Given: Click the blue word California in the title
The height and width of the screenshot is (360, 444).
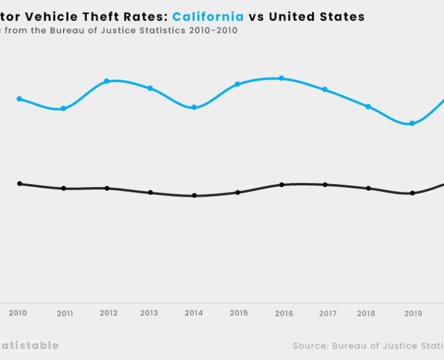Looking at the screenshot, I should tap(208, 17).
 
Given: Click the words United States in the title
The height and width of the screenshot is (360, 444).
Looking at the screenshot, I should tap(316, 17).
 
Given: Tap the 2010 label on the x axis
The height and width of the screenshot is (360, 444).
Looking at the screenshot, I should tap(18, 313).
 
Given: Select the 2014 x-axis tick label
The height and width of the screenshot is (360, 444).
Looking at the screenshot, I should tap(194, 313).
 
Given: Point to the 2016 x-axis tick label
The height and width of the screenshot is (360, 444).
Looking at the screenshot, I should tap(284, 313).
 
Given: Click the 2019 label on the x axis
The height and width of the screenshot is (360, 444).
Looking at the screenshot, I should tap(413, 313).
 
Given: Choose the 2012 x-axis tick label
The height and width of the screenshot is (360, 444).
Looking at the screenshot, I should tap(109, 313).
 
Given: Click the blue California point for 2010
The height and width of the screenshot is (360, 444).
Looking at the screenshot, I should tap(19, 99).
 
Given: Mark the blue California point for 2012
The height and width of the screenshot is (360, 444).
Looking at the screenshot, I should tap(107, 81).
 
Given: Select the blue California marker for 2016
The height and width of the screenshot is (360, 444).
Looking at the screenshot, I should tap(281, 79).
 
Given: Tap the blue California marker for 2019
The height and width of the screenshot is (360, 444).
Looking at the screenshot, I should tap(412, 124).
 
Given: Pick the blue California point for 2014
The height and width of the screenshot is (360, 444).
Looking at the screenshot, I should tap(194, 107).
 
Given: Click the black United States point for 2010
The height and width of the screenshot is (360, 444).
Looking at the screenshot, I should tap(19, 184).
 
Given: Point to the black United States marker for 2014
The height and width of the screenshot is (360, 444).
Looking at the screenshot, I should tap(194, 196).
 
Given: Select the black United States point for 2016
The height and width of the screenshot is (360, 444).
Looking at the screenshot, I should tap(281, 185).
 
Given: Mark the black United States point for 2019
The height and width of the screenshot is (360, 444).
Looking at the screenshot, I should tap(412, 193).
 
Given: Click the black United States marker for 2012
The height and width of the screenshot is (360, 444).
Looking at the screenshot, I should tap(107, 188).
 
